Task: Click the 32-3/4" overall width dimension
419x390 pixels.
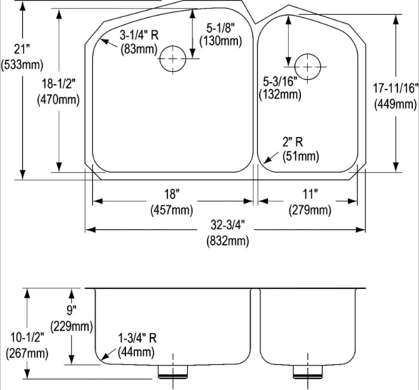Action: click(228, 225)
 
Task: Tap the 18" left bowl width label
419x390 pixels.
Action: click(172, 194)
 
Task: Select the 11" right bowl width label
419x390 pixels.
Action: click(310, 194)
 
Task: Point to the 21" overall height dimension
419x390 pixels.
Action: click(22, 49)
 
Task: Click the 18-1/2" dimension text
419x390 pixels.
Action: click(58, 83)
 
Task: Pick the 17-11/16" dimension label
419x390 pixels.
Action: click(396, 88)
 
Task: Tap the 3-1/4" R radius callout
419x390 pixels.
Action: click(139, 35)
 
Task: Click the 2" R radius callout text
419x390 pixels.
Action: click(293, 142)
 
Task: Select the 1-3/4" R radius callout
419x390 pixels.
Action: click(138, 338)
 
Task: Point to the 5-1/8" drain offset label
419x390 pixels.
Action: click(221, 28)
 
